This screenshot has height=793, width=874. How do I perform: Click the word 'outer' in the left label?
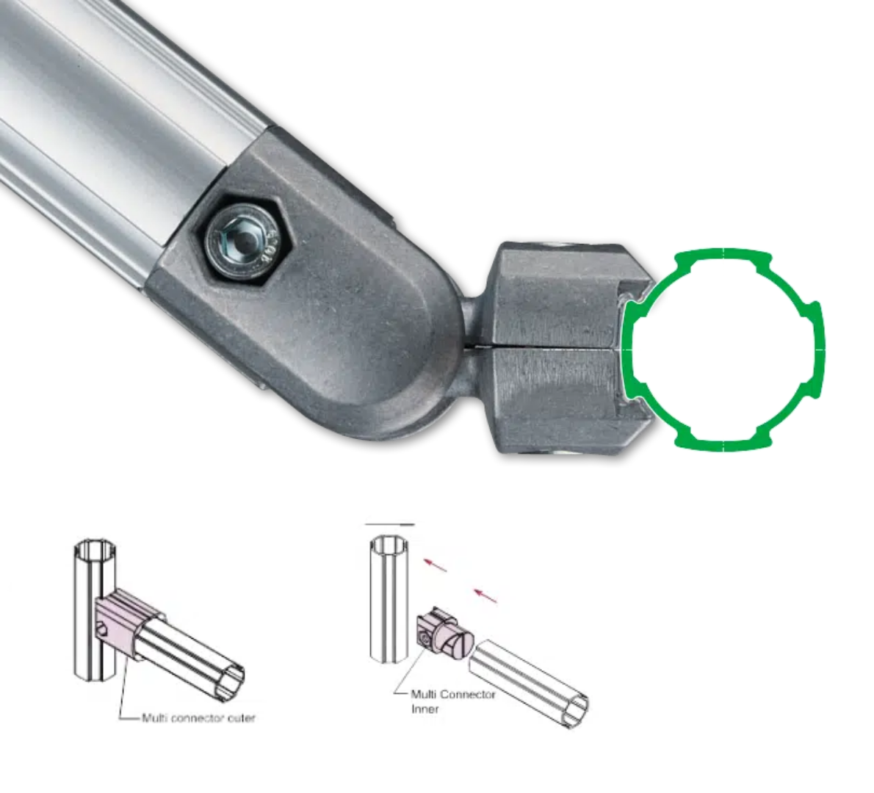pyautogui.click(x=242, y=718)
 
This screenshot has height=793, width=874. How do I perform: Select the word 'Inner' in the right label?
pyautogui.click(x=425, y=709)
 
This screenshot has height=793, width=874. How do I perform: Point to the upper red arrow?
pyautogui.click(x=436, y=565)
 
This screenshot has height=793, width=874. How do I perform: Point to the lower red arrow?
pyautogui.click(x=485, y=595)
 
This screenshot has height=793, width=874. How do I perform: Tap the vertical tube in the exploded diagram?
pyautogui.click(x=389, y=598)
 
